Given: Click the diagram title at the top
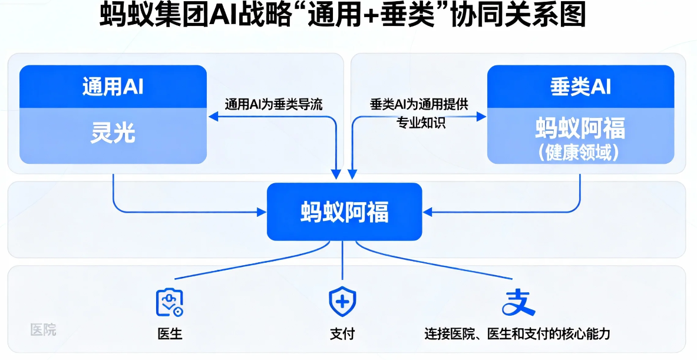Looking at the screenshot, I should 343,16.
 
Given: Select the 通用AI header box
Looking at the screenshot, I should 113,87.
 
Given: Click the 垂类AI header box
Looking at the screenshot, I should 580,87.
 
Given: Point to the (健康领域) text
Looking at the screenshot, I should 580,152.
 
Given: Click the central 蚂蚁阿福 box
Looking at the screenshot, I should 344,212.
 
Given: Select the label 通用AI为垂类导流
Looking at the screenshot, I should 273,104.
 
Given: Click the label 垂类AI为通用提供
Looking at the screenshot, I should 419,104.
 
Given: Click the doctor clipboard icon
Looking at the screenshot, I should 170,302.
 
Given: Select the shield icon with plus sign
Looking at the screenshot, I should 342,302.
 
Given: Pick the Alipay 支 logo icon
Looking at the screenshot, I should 518,302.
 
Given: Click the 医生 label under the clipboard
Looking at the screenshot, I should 170,333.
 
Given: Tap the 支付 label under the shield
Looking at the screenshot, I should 342,333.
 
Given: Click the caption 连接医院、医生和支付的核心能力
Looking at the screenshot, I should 517,333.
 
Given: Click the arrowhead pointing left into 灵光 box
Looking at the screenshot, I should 212,117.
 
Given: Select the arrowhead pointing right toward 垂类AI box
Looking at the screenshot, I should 481,117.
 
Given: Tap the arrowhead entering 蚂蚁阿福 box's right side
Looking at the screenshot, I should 427,212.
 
